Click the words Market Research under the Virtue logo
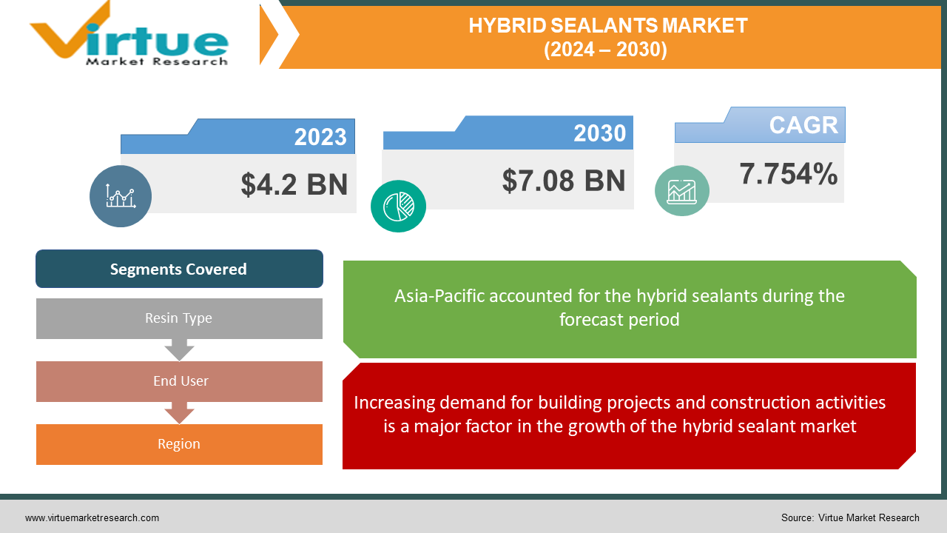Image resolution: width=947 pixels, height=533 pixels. coord(157,61)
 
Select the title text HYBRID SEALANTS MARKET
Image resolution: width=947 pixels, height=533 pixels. coord(607,26)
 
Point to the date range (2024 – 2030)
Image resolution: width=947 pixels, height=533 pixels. coord(607,49)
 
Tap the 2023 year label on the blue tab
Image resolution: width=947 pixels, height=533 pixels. coord(320,137)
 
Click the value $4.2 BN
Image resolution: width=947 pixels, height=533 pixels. coord(294,184)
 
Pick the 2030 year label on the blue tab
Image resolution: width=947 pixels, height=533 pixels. coord(599,133)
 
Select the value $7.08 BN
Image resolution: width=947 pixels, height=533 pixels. coord(564,181)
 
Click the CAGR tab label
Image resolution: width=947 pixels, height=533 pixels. coord(803,125)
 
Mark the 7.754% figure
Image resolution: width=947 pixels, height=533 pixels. coord(789,175)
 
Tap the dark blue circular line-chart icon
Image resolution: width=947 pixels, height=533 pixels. coord(121,196)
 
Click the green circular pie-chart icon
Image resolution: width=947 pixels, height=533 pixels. coord(398,206)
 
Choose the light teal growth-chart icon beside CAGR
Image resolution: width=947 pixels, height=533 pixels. coord(681,191)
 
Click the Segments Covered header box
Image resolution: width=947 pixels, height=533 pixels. coord(179,269)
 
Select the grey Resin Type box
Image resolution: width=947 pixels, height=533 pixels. coord(179,318)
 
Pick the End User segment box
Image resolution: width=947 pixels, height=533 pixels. coord(179,381)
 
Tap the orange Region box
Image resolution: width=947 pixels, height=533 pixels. coord(179,444)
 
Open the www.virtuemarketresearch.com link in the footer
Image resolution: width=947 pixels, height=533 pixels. coord(92,517)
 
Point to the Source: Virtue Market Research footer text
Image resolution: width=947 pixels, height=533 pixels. coord(850,517)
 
